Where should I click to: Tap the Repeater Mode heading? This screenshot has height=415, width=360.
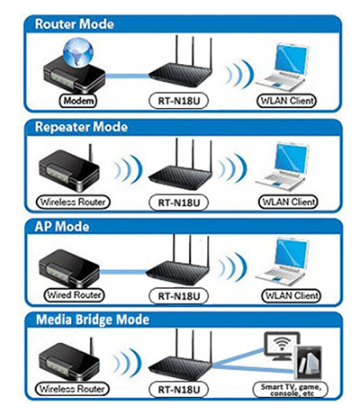(x=78, y=126)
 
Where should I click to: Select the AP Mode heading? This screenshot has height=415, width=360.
(x=57, y=225)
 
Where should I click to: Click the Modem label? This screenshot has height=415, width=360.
(x=80, y=100)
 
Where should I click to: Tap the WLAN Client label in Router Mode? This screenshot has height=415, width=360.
(x=290, y=100)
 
